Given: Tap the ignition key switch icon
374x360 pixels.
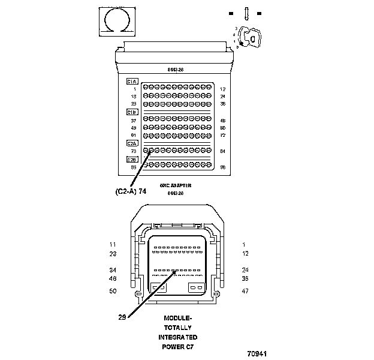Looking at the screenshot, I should point(251,38).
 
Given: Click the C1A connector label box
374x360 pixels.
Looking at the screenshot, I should point(132,81).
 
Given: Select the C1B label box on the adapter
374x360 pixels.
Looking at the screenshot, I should point(132,112).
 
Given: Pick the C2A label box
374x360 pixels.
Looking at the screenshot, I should point(132,143).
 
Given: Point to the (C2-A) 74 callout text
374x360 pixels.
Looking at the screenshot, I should point(130,191).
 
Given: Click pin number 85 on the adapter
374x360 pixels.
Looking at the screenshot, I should point(134,167).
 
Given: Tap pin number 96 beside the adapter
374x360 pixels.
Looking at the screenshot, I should point(222,167).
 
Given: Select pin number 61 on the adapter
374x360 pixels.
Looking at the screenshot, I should point(134,135).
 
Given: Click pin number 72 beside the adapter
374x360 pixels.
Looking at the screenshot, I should point(222,135).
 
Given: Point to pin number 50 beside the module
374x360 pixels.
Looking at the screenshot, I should point(112,291).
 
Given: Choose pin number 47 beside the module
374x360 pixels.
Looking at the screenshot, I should point(245,291).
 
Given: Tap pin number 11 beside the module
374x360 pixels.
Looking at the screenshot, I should point(112,245).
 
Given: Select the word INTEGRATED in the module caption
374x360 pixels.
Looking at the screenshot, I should point(178,337).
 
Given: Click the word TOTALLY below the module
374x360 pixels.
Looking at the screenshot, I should point(178,328).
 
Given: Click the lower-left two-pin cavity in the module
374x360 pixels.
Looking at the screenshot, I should point(159,287).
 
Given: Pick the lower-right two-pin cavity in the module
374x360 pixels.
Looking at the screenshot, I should point(196,287).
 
